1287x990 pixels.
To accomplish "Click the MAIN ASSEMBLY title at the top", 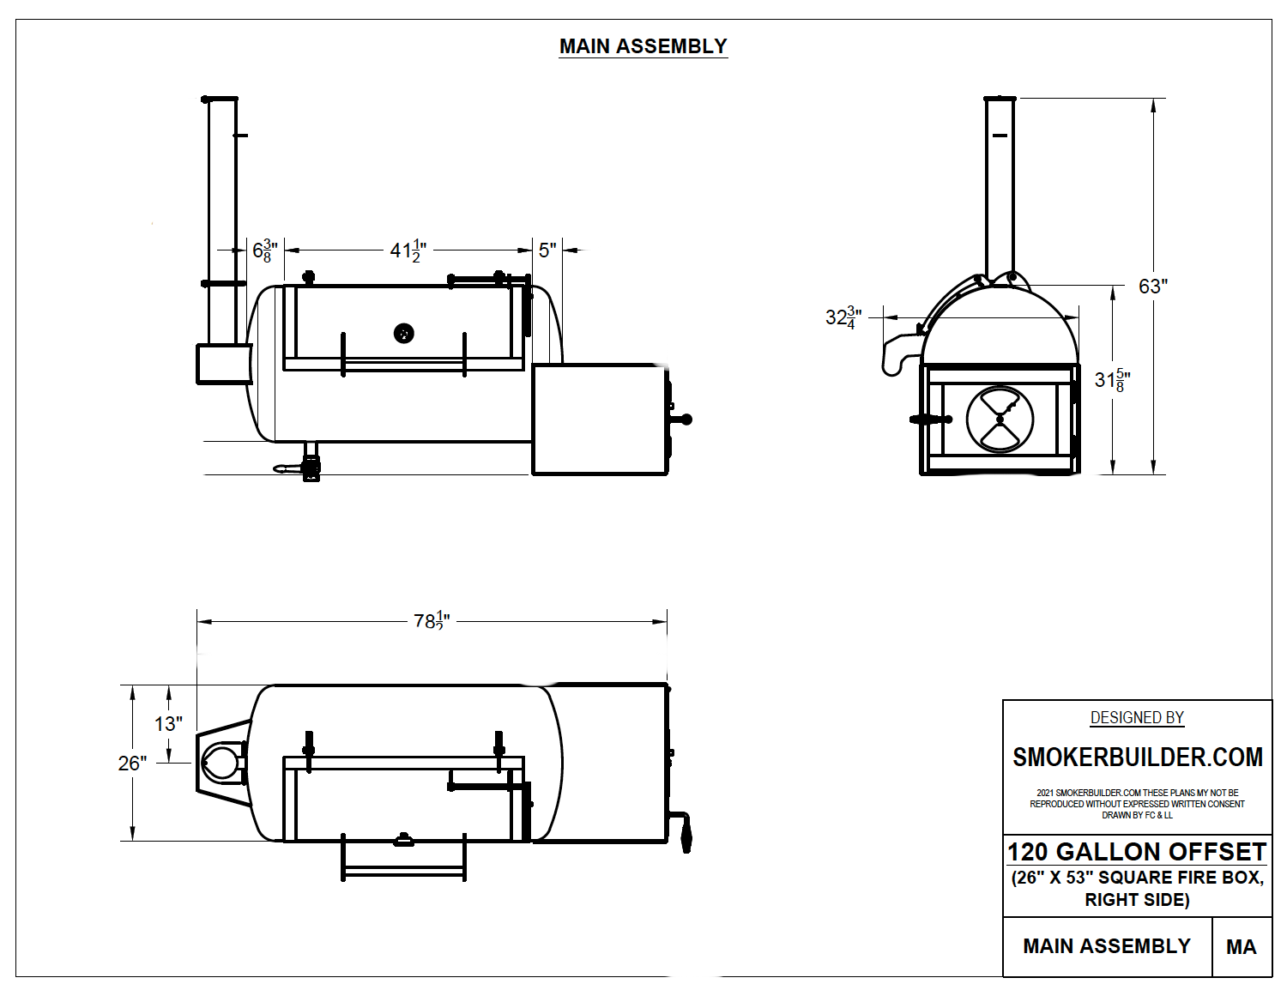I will pos(643,46).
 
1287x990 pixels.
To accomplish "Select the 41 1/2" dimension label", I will pos(408,251).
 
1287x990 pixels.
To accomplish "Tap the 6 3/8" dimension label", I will pos(264,251).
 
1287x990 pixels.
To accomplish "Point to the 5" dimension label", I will pos(547,250).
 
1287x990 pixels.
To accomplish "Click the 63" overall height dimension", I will pos(1152,287).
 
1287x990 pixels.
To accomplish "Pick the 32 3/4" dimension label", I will pos(843,317).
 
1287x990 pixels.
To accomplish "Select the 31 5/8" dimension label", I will pos(1112,380).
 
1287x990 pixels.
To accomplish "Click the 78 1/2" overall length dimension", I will pos(431,620).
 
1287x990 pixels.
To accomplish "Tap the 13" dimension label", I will pos(168,724).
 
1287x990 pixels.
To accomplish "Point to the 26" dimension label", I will pos(132,764).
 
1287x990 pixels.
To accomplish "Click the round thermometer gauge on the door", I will pos(403,333).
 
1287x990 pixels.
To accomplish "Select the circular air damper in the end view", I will pos(1000,419).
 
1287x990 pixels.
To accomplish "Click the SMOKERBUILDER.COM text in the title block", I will pos(1137,758).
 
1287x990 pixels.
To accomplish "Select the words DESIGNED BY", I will pos(1137,718).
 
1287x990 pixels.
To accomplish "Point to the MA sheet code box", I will pos(1241,947).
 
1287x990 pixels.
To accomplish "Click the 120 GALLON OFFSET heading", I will pos(1137,852).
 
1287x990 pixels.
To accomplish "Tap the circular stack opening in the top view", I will pos(221,762).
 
